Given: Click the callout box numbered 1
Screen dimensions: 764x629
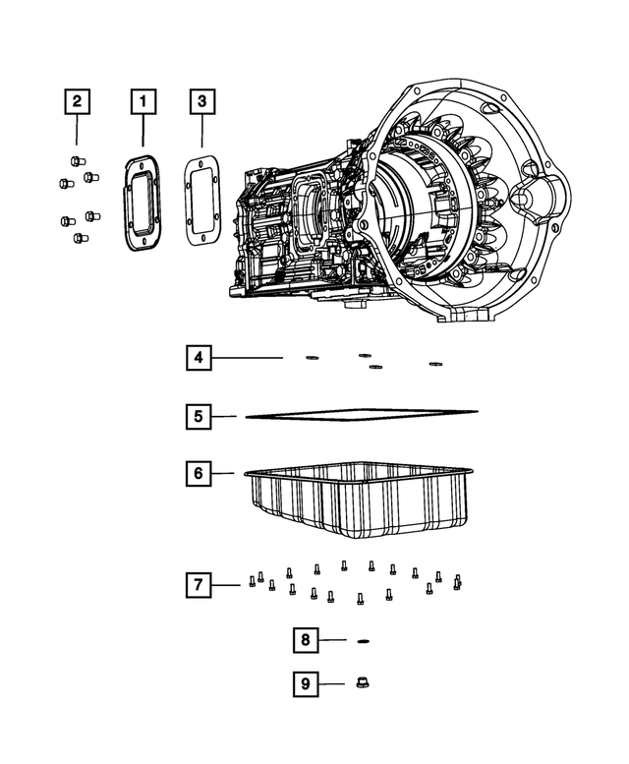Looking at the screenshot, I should [x=143, y=100].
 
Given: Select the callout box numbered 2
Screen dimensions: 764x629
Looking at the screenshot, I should [x=77, y=100].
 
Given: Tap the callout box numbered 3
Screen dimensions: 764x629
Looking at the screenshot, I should [x=200, y=100].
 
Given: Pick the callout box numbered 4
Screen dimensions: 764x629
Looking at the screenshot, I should [x=199, y=359].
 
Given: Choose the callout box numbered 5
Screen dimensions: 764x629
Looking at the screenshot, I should [x=199, y=417].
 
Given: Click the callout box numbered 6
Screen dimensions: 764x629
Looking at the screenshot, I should [x=199, y=473].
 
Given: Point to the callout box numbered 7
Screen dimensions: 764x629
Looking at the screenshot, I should [x=199, y=585].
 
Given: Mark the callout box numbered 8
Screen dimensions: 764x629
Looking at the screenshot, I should [x=306, y=640].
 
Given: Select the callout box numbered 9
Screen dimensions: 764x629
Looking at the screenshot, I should [x=306, y=680].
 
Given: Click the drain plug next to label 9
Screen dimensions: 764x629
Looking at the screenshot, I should [x=360, y=680].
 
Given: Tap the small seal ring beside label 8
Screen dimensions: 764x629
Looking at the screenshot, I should [x=362, y=640].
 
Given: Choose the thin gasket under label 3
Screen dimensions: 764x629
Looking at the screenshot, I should [x=201, y=203].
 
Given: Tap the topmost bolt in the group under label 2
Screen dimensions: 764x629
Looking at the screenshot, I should [x=77, y=161].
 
